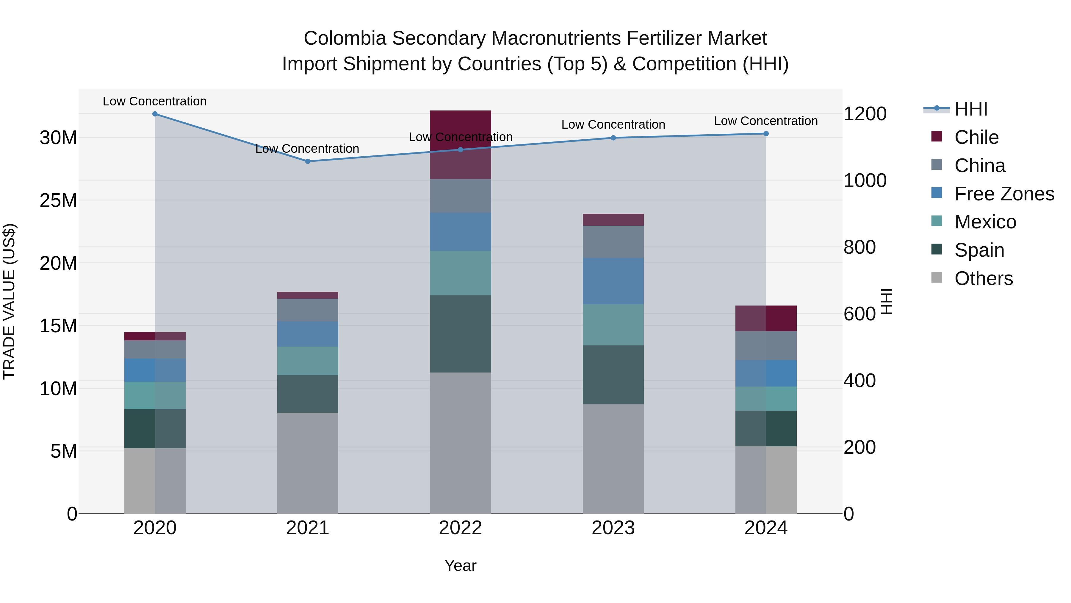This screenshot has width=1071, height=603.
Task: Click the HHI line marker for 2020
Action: [155, 114]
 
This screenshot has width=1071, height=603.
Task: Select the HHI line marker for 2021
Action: [308, 161]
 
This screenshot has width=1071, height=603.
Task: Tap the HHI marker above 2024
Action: [766, 134]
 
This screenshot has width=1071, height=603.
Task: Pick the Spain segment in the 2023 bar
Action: [613, 375]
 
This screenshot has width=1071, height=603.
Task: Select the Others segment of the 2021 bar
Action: [308, 463]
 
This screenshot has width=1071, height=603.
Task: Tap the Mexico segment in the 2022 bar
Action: [460, 273]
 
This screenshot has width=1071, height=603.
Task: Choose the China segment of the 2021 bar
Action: [308, 310]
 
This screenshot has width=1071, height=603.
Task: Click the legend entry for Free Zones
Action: [1004, 194]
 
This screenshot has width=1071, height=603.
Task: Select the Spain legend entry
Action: [979, 250]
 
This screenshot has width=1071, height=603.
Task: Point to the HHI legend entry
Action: [971, 109]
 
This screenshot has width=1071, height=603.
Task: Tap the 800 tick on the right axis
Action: [859, 247]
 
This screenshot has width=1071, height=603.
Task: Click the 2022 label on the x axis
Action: [460, 528]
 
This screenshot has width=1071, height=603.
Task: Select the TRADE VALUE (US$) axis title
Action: [9, 301]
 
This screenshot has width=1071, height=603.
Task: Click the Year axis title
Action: [460, 565]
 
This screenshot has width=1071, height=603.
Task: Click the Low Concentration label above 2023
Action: [613, 124]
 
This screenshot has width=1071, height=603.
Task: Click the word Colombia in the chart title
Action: [345, 38]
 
